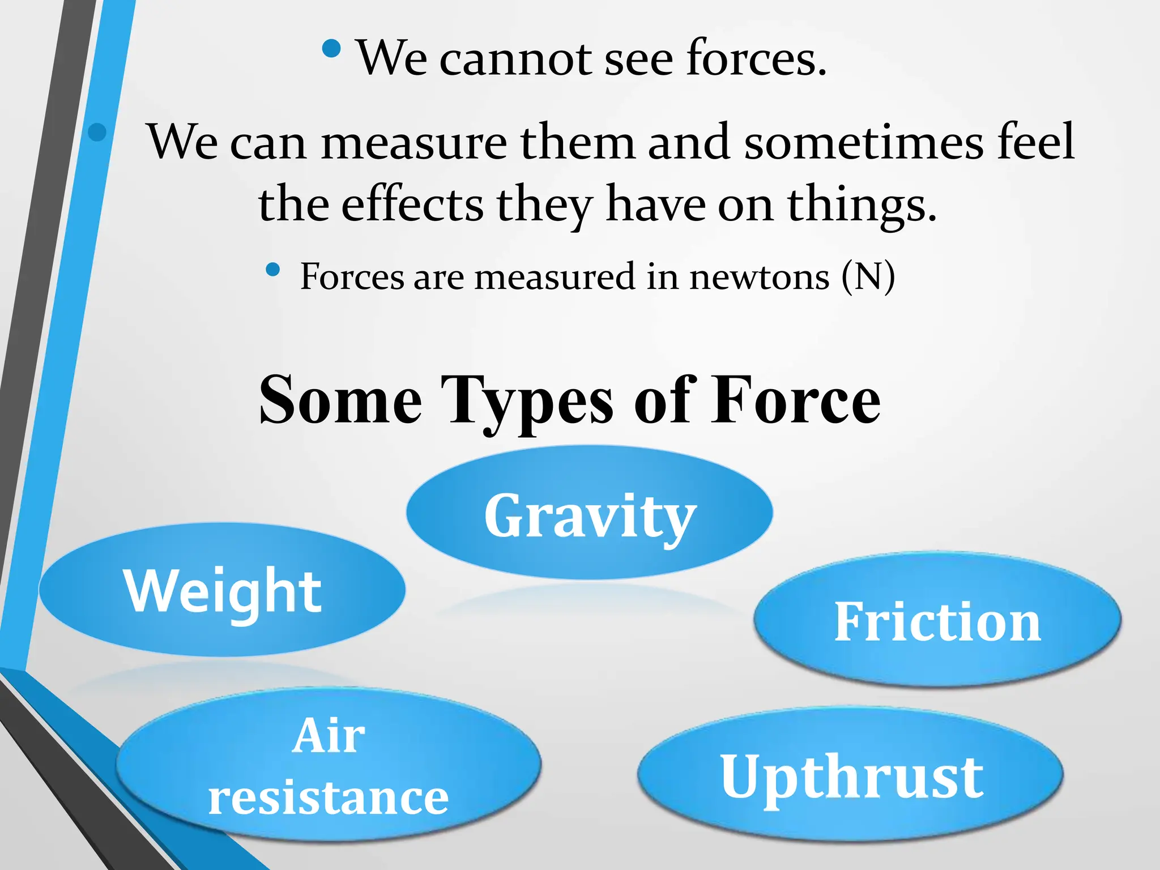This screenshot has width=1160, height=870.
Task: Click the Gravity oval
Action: click(x=589, y=513)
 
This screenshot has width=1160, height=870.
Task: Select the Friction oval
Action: click(x=937, y=621)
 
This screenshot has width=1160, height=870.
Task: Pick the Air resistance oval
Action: click(x=329, y=765)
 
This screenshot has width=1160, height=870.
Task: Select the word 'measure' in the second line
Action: click(x=414, y=142)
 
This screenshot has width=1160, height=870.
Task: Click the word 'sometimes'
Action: click(x=863, y=142)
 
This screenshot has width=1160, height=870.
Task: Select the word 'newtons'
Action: click(x=759, y=277)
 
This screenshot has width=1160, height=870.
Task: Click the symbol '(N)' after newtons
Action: click(x=868, y=277)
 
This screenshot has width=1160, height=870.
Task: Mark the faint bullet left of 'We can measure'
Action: click(x=97, y=132)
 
